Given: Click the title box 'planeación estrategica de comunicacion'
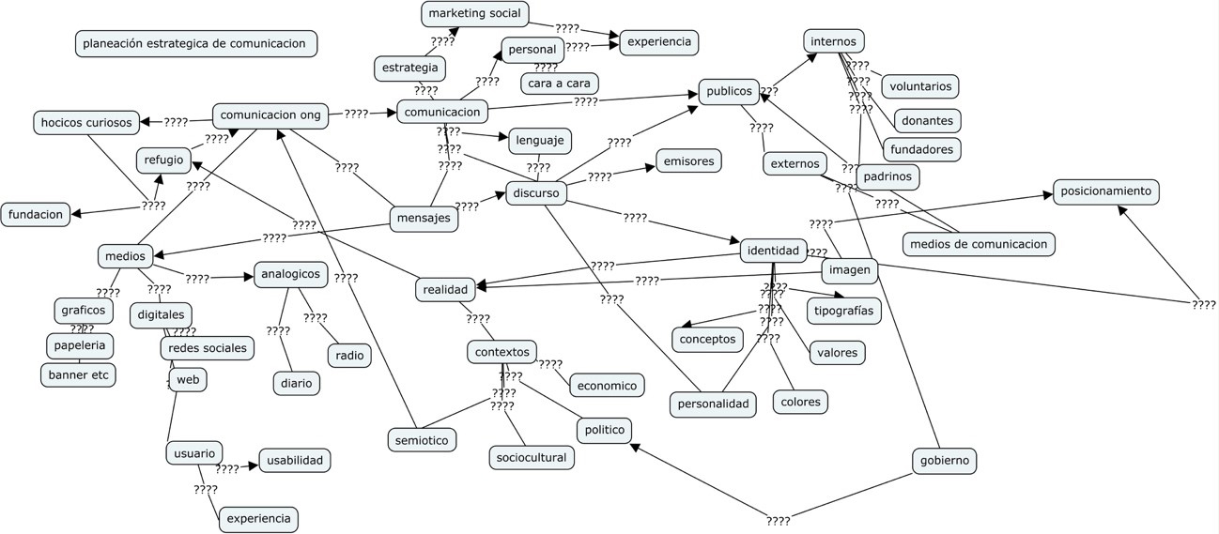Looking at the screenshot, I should click(x=195, y=43).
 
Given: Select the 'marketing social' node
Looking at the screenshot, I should click(x=475, y=13).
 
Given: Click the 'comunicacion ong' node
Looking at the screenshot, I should click(x=270, y=115).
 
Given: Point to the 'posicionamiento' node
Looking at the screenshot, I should click(x=1105, y=191).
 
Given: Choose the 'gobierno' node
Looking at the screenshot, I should click(x=945, y=461).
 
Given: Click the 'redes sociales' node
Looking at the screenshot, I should click(x=208, y=347).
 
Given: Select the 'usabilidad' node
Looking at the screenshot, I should click(x=294, y=460).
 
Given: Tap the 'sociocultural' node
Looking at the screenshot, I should click(x=532, y=457).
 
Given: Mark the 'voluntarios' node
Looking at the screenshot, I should click(x=919, y=86).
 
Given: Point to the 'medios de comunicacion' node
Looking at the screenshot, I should click(x=978, y=244).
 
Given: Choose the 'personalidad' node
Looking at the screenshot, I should click(x=714, y=404).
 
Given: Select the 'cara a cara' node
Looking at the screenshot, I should click(x=559, y=84).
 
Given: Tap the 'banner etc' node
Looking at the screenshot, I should click(x=78, y=375).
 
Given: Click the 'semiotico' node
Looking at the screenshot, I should click(x=422, y=438).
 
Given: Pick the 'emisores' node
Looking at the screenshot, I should click(x=688, y=160).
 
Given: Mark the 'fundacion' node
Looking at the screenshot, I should click(x=35, y=214).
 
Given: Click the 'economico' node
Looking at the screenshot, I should click(x=607, y=385).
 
